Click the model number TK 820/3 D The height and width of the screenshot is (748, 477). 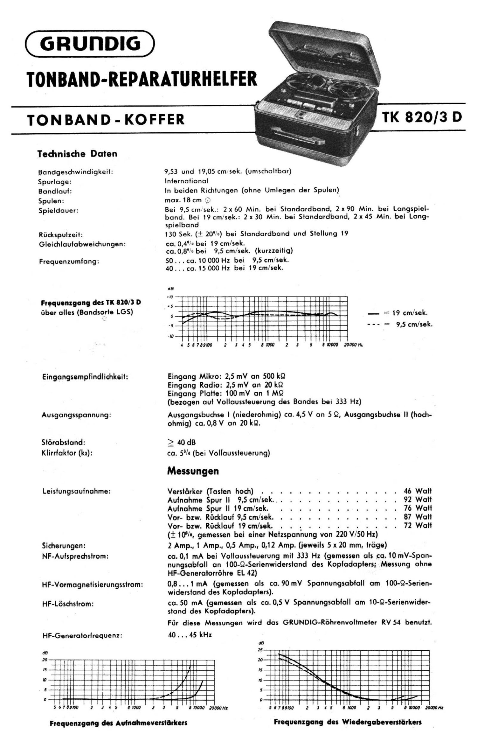(x=422, y=118)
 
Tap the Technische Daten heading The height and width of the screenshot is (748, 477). (x=77, y=154)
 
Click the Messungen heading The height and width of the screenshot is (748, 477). (x=193, y=471)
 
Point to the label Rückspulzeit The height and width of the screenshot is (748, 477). (x=60, y=235)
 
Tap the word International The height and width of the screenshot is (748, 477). (x=186, y=181)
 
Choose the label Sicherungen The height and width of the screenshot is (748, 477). (x=64, y=546)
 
